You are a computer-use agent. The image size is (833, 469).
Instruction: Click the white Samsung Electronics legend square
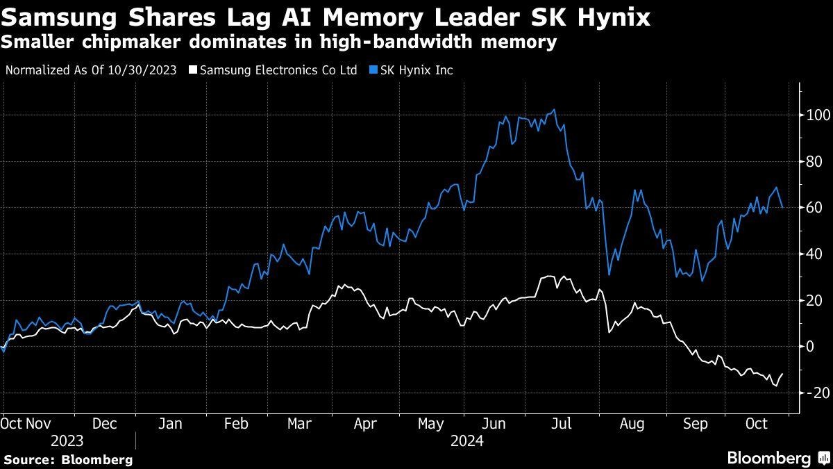(x=193, y=70)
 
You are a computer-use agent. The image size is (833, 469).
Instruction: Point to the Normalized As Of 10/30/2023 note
(x=91, y=70)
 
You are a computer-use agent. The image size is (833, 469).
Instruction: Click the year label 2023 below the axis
(x=67, y=441)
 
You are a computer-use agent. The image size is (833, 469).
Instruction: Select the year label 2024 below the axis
(x=466, y=441)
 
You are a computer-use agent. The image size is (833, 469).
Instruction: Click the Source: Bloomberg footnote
(x=67, y=459)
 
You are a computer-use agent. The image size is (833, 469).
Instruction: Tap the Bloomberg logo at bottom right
(x=777, y=458)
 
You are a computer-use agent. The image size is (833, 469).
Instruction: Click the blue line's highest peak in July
(x=553, y=110)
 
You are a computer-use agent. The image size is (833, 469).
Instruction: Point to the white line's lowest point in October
(x=776, y=386)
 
